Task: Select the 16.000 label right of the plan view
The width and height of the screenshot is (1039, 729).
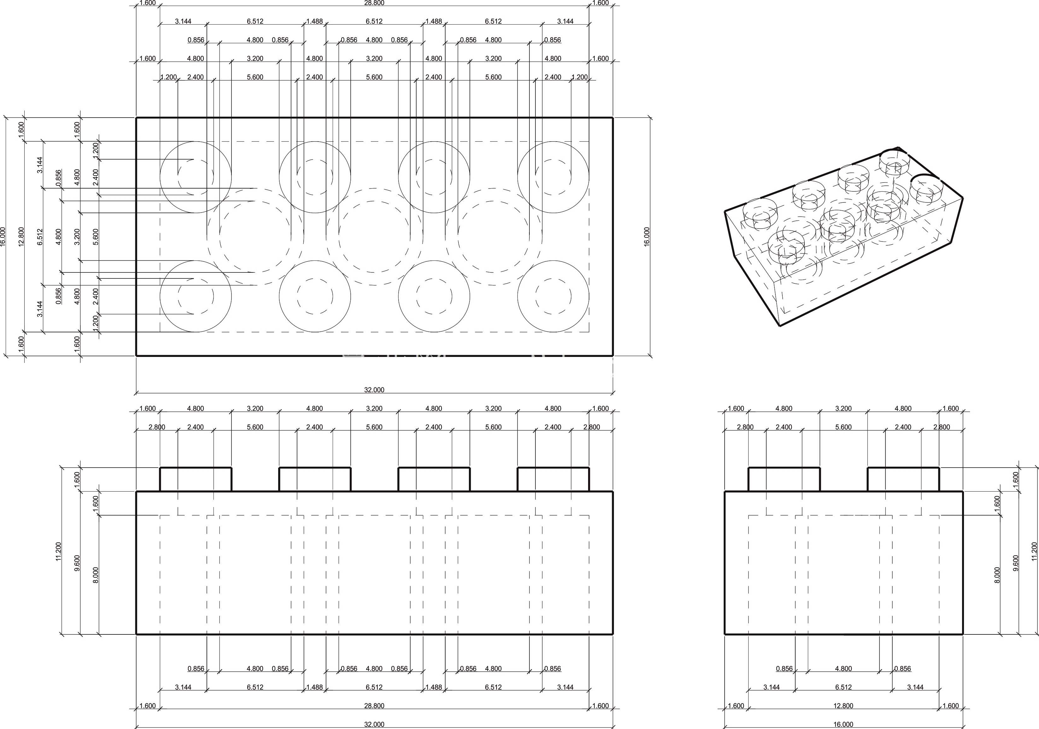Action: (647, 237)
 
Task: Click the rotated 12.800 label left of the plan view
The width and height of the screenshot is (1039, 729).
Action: (21, 237)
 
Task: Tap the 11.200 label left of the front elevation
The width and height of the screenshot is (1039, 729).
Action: (58, 551)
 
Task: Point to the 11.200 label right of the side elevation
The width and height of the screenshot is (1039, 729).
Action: (1034, 551)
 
